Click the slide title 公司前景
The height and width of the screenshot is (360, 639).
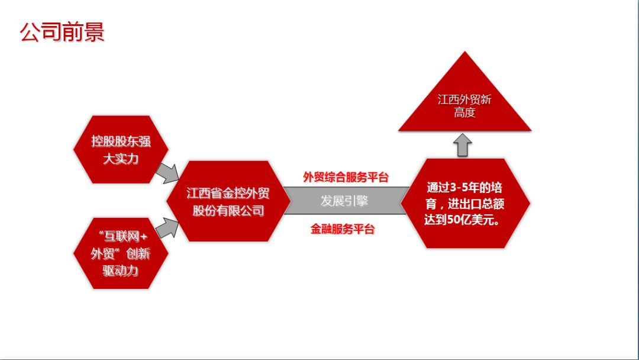tap(62, 33)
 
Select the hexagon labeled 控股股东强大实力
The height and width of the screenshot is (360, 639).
tap(121, 150)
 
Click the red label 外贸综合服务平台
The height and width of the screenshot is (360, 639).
tap(346, 176)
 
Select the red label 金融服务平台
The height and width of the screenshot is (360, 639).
tap(343, 229)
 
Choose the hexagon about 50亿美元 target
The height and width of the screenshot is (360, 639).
tap(465, 203)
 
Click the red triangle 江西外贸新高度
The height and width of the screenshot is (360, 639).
tap(465, 104)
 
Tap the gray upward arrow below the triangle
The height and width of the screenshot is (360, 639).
tap(463, 145)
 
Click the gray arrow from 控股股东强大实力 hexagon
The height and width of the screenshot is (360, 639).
tap(167, 172)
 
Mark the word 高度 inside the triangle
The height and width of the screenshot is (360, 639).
tap(465, 112)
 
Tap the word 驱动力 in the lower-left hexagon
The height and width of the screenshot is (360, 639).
tap(121, 271)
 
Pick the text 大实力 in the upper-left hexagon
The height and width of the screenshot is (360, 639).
tap(121, 159)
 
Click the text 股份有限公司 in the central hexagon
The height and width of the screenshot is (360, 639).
tap(228, 210)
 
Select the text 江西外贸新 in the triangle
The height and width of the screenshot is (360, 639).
tap(465, 99)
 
